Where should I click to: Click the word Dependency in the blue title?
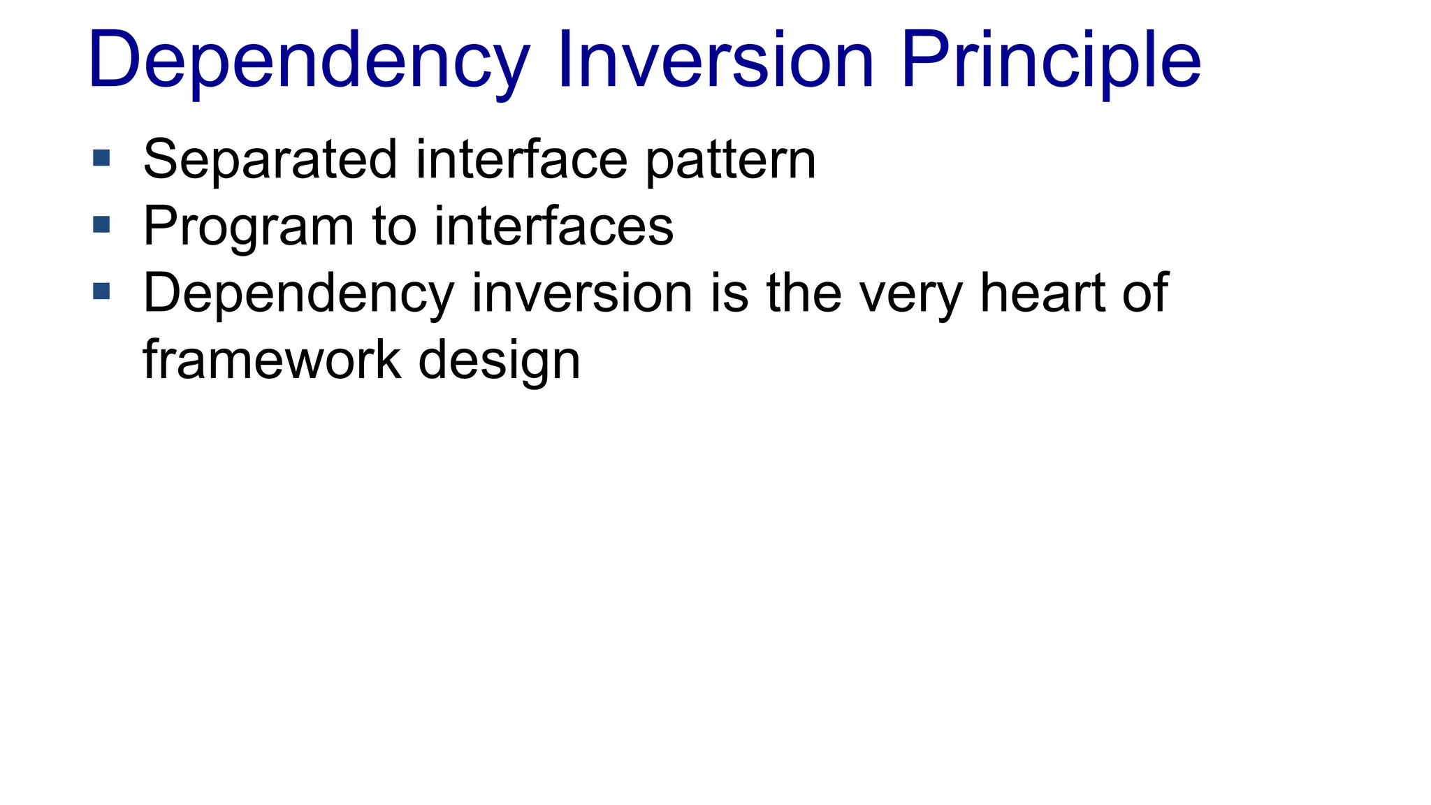pyautogui.click(x=308, y=61)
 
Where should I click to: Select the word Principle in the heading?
pyautogui.click(x=1051, y=61)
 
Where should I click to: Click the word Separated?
pyautogui.click(x=270, y=159)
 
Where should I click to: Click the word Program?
pyautogui.click(x=249, y=227)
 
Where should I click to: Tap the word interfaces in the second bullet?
pyautogui.click(x=553, y=226)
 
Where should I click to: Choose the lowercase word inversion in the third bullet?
pyautogui.click(x=582, y=293)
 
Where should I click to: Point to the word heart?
pyautogui.click(x=1042, y=293)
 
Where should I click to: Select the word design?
pyautogui.click(x=499, y=361)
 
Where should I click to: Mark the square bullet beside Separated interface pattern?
pyautogui.click(x=101, y=158)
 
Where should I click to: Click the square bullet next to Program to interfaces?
pyautogui.click(x=101, y=224)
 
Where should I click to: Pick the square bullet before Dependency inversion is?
pyautogui.click(x=101, y=291)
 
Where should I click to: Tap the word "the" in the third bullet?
pyautogui.click(x=804, y=293)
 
